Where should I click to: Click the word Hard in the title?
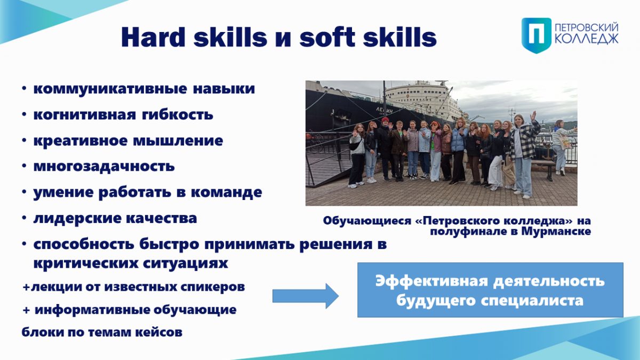coord(154,37)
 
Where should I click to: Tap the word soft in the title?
coord(327,37)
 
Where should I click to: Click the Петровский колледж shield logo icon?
coord(537,35)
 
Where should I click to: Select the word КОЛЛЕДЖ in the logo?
coord(587,38)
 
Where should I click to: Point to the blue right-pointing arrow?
coord(306,296)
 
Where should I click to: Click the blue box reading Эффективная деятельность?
coord(490,290)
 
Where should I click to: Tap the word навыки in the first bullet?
coord(223,89)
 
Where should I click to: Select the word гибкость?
coord(178,115)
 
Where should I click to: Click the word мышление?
coord(178,141)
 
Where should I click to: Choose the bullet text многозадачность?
coord(104,166)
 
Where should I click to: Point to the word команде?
coord(226,192)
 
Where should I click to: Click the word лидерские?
coord(77,218)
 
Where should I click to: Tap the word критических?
coord(85,263)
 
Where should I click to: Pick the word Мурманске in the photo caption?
coord(556,231)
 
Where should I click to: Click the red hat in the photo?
coord(385,120)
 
